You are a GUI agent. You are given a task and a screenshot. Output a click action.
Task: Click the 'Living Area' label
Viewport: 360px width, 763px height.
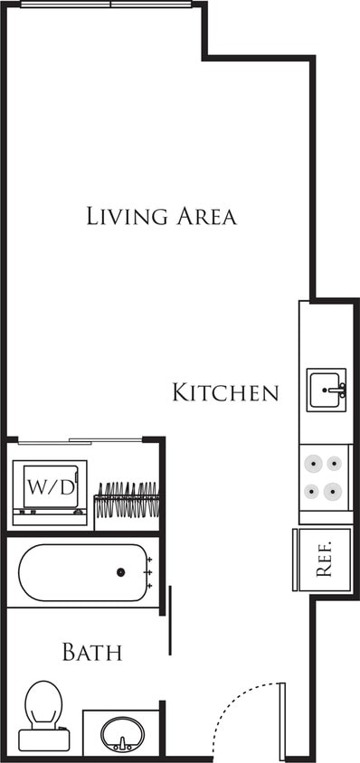click(161, 216)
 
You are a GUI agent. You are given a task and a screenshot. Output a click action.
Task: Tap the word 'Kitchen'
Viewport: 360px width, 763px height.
click(225, 392)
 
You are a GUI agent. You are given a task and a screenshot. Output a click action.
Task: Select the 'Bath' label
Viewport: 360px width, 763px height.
click(91, 652)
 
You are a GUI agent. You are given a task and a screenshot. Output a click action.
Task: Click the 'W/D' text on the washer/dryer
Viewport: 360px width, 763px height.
click(50, 486)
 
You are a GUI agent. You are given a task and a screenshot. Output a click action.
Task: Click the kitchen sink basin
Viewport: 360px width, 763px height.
click(323, 390)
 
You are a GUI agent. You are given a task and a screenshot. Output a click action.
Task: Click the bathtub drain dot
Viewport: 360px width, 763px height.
click(120, 572)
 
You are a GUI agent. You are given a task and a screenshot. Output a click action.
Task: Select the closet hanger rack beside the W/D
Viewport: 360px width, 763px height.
click(127, 500)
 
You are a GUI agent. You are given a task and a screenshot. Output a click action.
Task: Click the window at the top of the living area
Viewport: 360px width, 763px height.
click(107, 5)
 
